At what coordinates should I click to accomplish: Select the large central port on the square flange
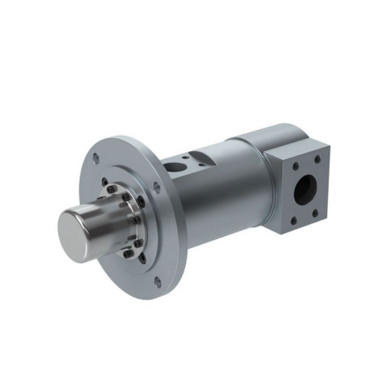(x=304, y=190)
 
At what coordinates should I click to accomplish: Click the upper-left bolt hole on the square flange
(x=296, y=167)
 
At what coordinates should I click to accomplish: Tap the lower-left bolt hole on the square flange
(x=294, y=219)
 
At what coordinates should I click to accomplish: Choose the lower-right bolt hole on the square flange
(x=316, y=211)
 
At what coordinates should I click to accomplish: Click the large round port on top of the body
(x=174, y=167)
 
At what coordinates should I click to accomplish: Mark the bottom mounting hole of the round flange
(x=157, y=281)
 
